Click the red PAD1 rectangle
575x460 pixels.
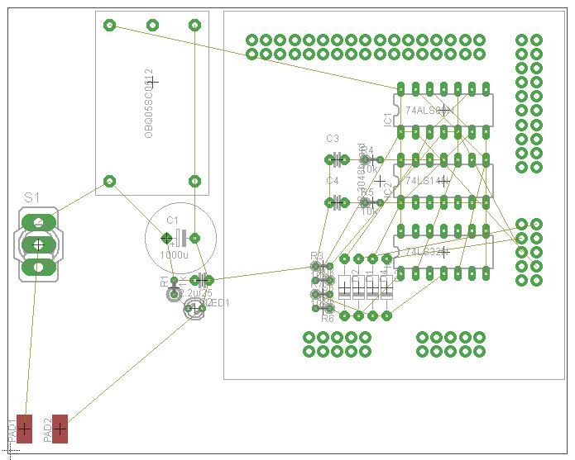tap(25, 429)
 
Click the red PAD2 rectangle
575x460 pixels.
tap(60, 429)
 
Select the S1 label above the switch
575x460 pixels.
tap(31, 198)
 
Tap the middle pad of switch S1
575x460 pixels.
tap(37, 244)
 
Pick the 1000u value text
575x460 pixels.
tap(174, 256)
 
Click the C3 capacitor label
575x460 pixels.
tap(333, 138)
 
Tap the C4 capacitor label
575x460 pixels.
tap(333, 180)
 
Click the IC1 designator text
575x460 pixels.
tap(387, 119)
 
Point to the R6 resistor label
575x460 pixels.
tap(327, 318)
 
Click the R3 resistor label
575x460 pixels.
tap(316, 256)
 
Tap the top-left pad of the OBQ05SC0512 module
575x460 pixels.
tap(109, 25)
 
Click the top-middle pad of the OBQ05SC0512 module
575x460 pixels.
tap(152, 25)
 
